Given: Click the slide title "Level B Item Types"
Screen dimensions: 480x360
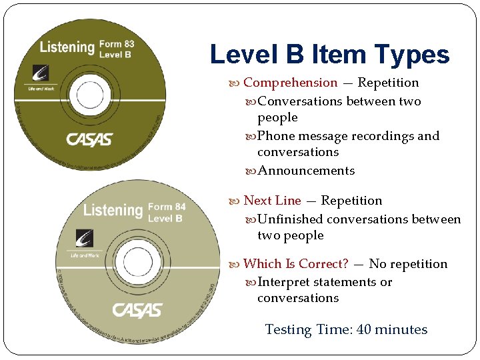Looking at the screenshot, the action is coord(329,54).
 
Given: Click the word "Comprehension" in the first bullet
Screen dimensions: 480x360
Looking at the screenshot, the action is coord(290,83).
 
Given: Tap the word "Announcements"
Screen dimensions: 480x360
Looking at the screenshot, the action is coord(306,171).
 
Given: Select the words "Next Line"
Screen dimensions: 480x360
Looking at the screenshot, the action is coord(272,201).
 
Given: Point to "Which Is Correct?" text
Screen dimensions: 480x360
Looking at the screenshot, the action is coord(295,264).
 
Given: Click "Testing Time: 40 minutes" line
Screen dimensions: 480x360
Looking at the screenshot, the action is coord(346,329).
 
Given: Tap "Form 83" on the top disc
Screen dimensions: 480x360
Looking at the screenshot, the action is coord(117,45).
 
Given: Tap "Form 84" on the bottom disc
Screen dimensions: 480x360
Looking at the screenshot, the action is coord(167,207).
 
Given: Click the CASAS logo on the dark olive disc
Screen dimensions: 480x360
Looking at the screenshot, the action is coord(89,140).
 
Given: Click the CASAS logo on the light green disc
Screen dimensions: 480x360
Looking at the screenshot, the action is coord(137,310).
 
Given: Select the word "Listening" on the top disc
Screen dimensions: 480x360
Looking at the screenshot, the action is coord(67,47).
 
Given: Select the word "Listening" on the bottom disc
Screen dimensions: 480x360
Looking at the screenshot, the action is coord(113,211).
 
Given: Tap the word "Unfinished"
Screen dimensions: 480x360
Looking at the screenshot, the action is coord(290,219).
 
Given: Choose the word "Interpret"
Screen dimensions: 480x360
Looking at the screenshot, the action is coord(285,282).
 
